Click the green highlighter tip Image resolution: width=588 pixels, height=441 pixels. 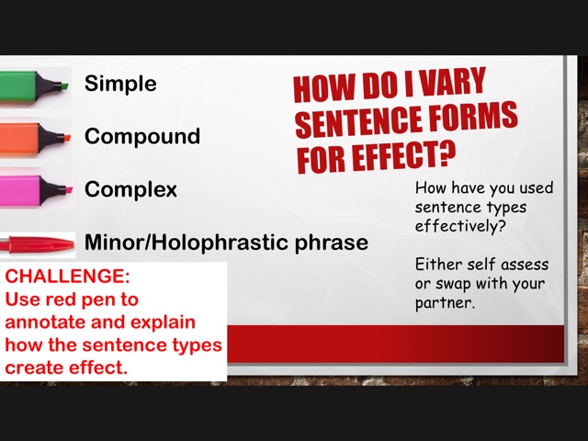(x=64, y=85)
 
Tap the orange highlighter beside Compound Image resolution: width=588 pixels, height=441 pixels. (x=35, y=139)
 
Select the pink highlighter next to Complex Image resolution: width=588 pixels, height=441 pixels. (x=36, y=190)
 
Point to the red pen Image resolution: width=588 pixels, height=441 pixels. (x=37, y=245)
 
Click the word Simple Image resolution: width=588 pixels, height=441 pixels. (x=120, y=84)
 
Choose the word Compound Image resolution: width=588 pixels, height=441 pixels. (x=142, y=136)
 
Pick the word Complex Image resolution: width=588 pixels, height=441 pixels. (x=130, y=189)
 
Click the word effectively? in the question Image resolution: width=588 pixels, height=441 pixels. (x=460, y=226)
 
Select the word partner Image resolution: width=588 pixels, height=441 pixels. (x=445, y=303)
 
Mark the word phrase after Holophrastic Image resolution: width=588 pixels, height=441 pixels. (x=331, y=243)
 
